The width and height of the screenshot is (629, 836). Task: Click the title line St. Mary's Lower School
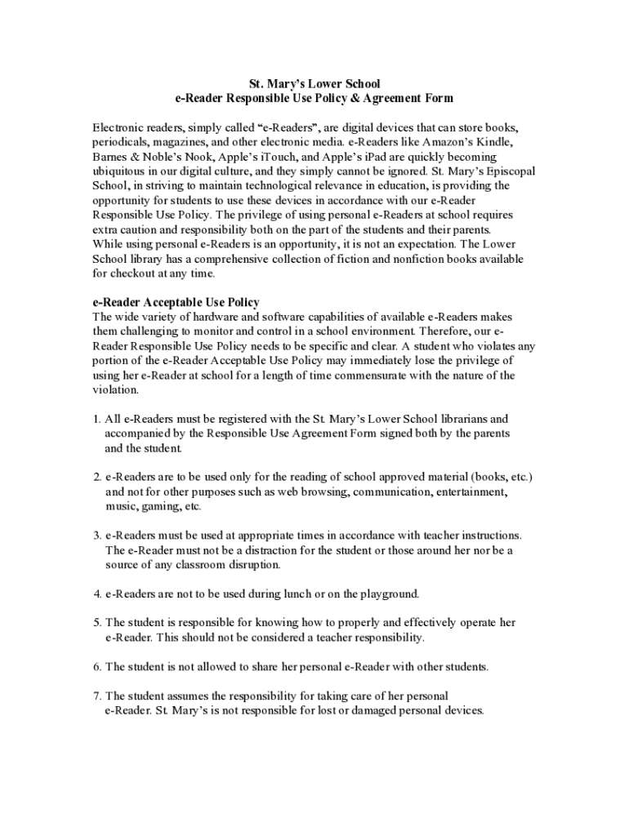coord(314,83)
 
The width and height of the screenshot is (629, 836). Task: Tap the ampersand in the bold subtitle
coord(354,98)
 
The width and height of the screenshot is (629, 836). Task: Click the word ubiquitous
coord(123,171)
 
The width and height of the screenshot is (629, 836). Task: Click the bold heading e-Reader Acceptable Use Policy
coord(176,302)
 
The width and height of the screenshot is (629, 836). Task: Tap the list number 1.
coord(96,420)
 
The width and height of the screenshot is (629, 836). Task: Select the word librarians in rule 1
coord(462,420)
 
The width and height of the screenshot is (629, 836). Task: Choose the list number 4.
coord(96,594)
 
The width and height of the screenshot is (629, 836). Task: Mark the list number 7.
coord(96,696)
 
